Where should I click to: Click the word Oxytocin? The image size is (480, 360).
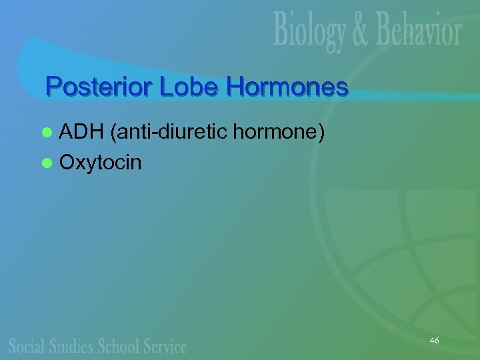(101, 161)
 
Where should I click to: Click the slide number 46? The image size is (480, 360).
(435, 341)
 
